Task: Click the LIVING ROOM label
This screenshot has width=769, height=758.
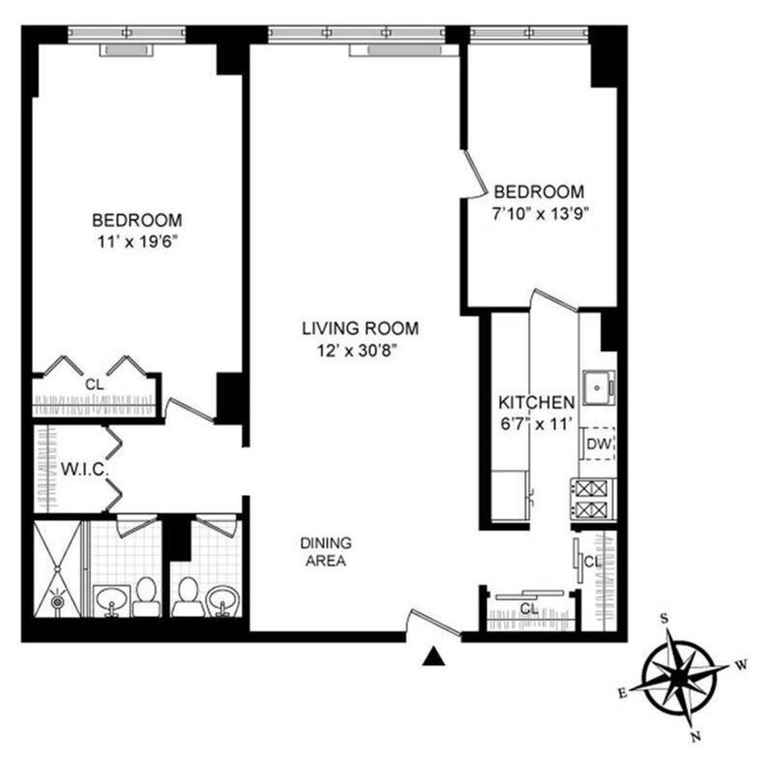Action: (x=360, y=329)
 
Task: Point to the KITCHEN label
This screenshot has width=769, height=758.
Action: (x=536, y=402)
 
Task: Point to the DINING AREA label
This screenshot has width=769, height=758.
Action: (x=326, y=552)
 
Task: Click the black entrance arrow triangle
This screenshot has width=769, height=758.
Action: (x=434, y=657)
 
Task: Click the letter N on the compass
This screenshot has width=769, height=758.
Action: (x=696, y=737)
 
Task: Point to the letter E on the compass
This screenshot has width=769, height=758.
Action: (x=621, y=693)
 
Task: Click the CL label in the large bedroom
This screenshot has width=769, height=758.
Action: (x=95, y=385)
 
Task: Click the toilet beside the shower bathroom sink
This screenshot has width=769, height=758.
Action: (x=146, y=595)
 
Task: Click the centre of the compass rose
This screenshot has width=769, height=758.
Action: (x=680, y=677)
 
